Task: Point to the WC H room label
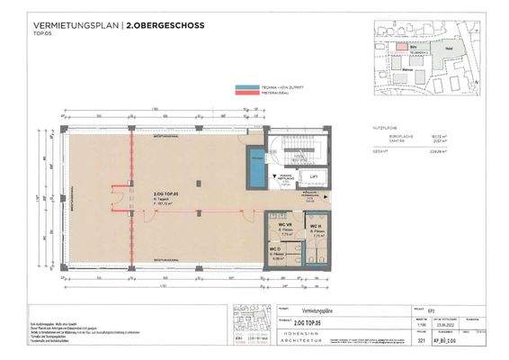(317, 225)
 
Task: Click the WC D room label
(275, 249)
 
